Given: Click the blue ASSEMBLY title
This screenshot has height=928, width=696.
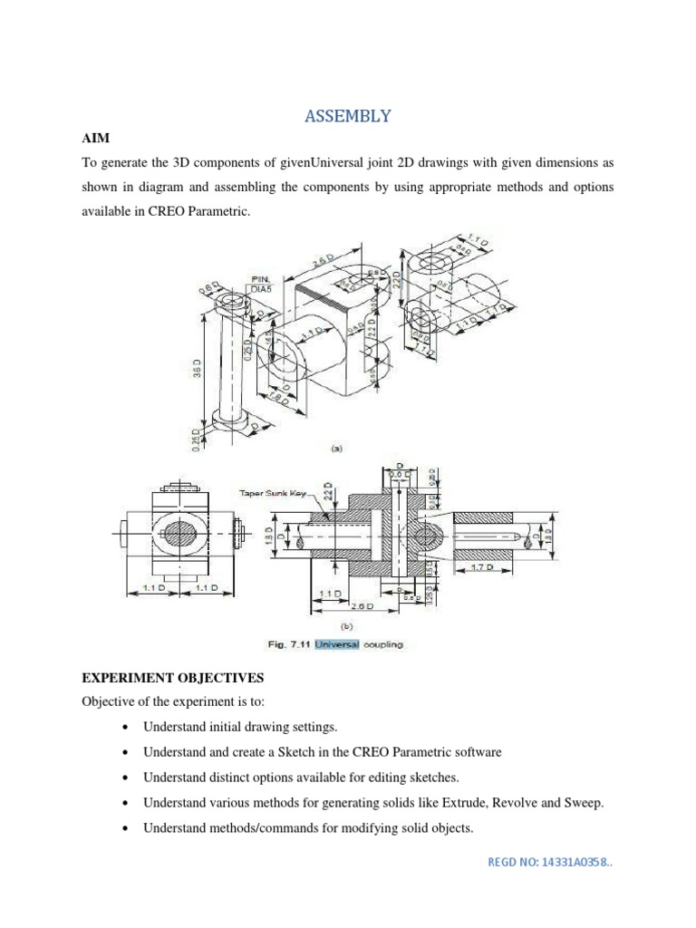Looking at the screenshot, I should click(347, 116).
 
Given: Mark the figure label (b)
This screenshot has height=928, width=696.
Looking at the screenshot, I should click(346, 625).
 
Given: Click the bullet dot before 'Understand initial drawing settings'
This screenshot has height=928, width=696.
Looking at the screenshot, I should click(122, 728).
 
